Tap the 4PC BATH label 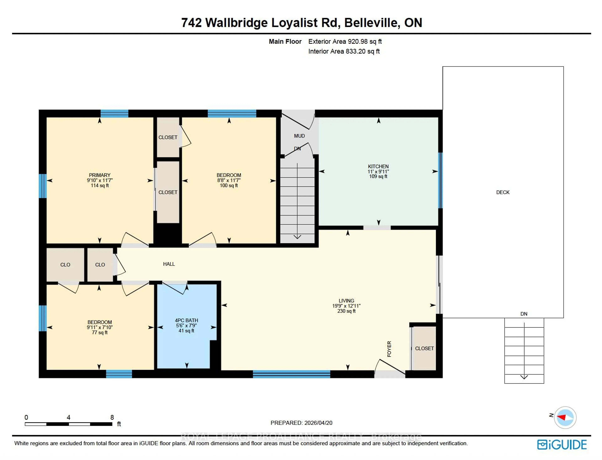point(186,320)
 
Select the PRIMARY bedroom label point(100,175)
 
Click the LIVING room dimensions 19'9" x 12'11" point(346,306)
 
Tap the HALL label point(169,264)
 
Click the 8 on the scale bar point(112,417)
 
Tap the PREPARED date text point(301,423)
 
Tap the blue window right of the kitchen point(440,180)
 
